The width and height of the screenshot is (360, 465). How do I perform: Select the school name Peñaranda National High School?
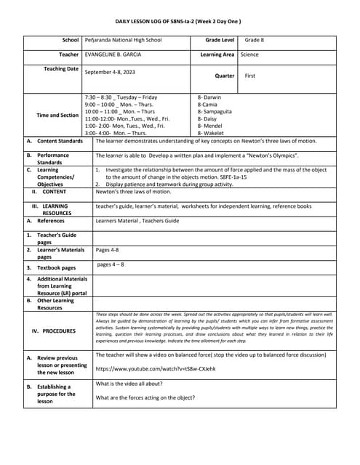click(130, 40)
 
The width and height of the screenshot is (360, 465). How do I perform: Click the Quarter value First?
click(250, 76)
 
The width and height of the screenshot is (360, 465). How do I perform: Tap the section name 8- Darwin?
click(210, 97)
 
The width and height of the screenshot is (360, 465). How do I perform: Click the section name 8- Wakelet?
click(211, 133)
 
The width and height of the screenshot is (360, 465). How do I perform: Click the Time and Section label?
click(57, 115)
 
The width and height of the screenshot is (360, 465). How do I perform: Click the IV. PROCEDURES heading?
click(54, 331)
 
